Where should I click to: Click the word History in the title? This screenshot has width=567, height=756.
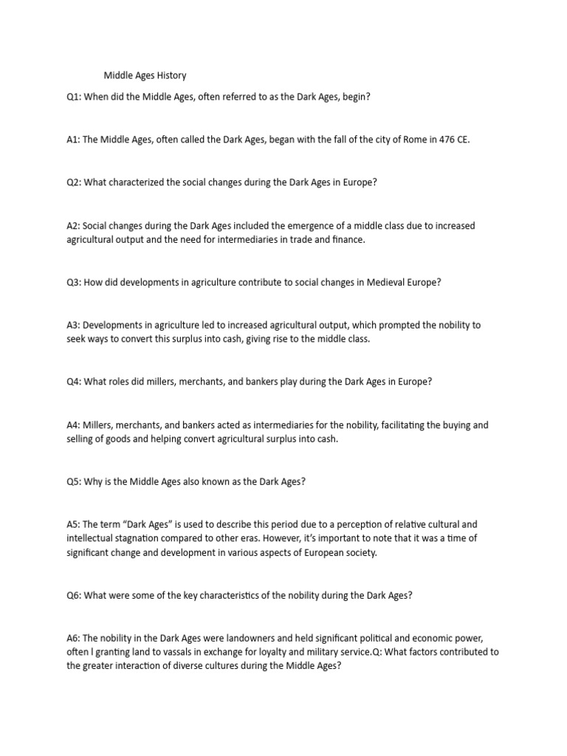click(x=170, y=75)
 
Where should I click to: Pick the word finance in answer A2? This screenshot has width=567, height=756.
click(x=348, y=239)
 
